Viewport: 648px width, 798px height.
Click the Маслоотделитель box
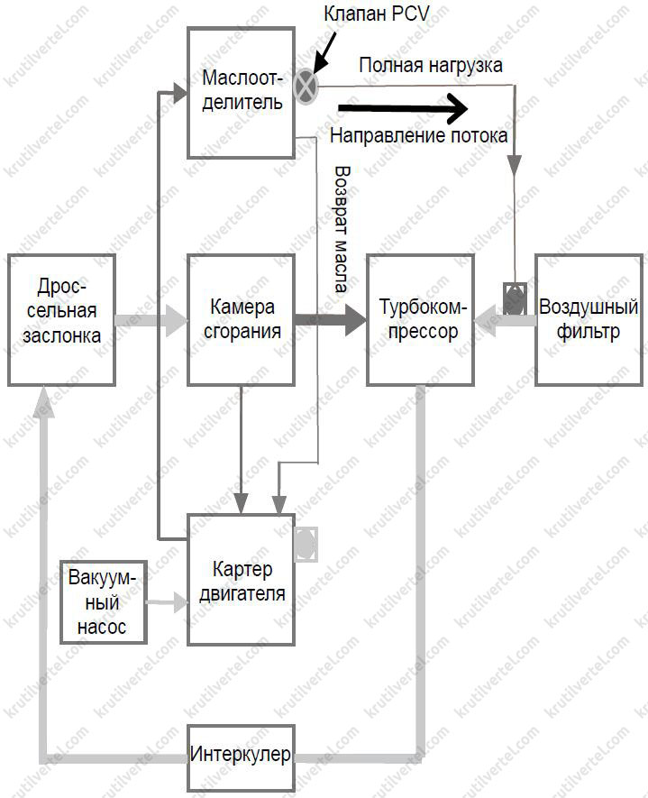coord(241,92)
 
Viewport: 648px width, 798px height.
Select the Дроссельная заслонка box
coord(61,320)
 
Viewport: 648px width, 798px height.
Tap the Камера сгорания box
coord(241,320)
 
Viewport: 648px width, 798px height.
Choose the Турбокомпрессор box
coord(420,320)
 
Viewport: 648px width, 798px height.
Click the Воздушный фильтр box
coord(588,320)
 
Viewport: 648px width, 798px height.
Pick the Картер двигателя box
coord(241,579)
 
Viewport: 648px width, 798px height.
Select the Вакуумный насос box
coord(104,601)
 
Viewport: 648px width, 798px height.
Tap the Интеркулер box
coord(241,755)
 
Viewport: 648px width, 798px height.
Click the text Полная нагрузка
coord(431,65)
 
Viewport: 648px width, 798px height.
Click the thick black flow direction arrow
coord(405,109)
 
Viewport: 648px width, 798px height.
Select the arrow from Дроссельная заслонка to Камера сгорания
coord(151,320)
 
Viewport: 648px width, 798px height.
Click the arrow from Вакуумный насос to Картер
coord(168,601)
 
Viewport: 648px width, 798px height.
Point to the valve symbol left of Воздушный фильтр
coord(515,298)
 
